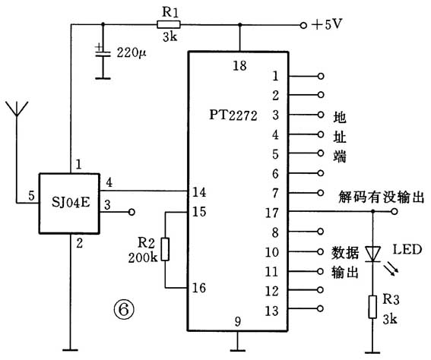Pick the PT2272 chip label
[233, 115]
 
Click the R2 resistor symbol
[166, 249]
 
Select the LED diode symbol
[372, 252]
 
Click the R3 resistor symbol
[372, 305]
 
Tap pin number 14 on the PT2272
[199, 191]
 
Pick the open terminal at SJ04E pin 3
[132, 212]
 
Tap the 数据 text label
[344, 251]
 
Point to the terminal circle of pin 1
[322, 76]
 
